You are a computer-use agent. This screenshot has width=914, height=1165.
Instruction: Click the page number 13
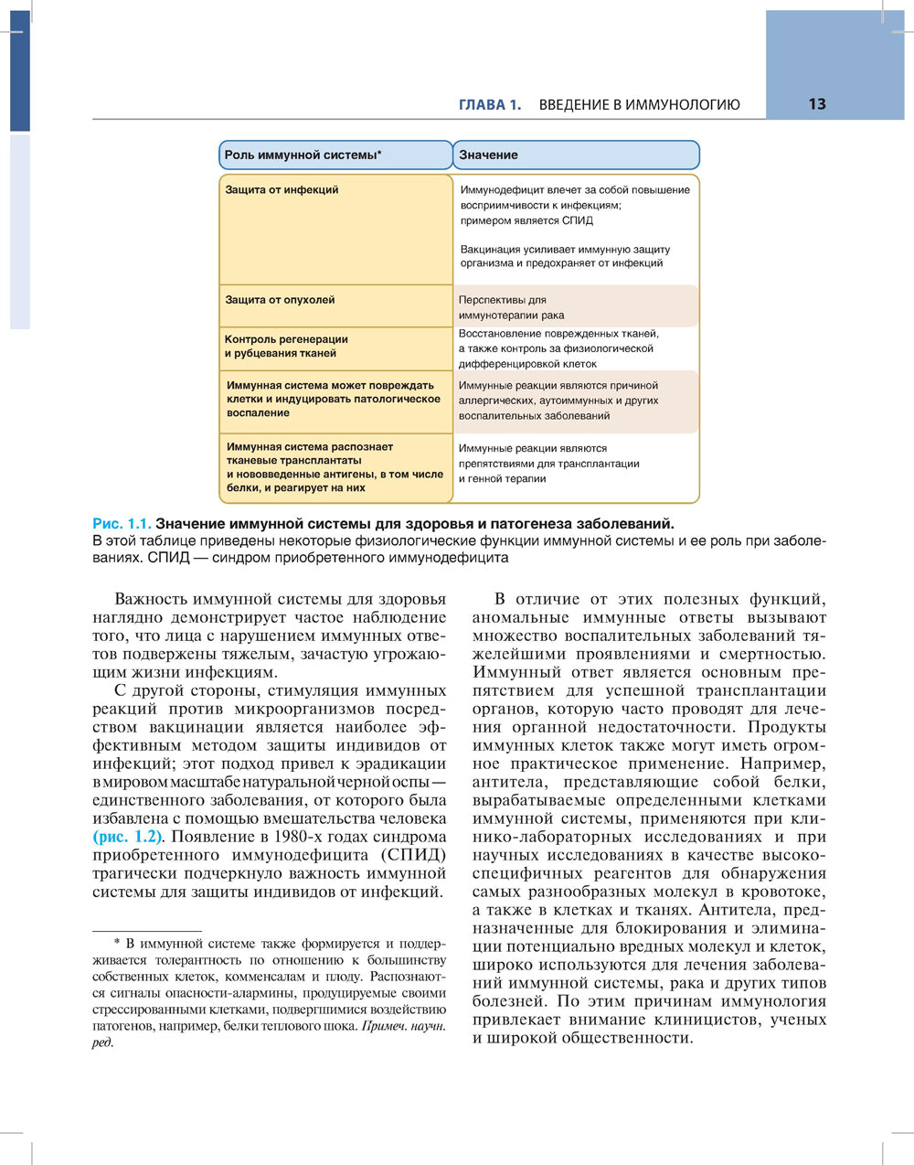(x=816, y=104)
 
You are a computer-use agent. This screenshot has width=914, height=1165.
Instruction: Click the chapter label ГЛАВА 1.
(x=489, y=105)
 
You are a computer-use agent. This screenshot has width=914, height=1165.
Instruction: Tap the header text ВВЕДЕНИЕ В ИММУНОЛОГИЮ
(x=639, y=105)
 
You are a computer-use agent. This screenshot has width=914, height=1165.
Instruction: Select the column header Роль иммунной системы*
(x=303, y=155)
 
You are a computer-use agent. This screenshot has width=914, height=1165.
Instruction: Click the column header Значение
(x=488, y=155)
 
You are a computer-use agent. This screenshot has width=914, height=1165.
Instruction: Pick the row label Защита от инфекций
(x=282, y=190)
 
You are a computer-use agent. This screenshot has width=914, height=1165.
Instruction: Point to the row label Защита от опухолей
(x=280, y=300)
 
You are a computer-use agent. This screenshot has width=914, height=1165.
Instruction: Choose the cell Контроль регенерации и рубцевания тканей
(x=286, y=347)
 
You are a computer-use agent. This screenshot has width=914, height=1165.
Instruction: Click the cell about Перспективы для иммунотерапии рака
(x=511, y=307)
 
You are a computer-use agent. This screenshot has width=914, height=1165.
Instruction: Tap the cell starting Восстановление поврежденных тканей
(x=558, y=348)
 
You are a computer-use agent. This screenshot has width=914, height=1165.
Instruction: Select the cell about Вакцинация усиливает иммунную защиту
(x=564, y=256)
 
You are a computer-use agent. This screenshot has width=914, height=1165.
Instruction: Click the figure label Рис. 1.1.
(x=122, y=524)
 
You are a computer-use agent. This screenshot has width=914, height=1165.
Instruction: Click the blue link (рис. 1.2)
(x=128, y=837)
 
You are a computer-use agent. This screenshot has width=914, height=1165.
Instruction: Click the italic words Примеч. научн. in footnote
(x=404, y=1026)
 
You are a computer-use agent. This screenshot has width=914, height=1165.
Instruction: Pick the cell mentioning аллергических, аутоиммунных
(x=558, y=401)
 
